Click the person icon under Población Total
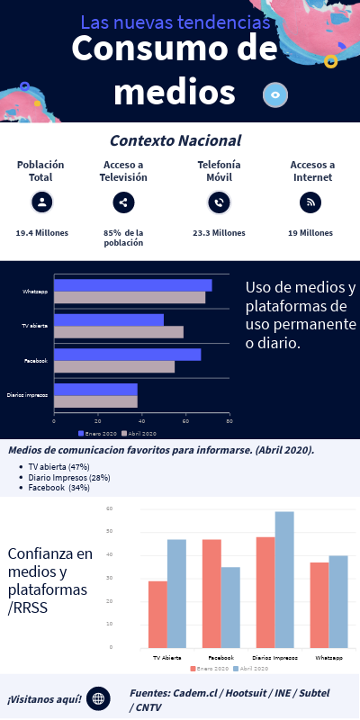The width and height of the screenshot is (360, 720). [40, 202]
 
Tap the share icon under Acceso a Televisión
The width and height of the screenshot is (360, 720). [123, 202]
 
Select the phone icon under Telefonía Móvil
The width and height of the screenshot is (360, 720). [218, 202]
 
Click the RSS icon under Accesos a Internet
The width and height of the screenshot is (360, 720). [310, 202]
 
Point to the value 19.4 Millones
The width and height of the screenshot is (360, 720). [41, 232]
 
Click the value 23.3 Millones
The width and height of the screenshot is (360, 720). [219, 232]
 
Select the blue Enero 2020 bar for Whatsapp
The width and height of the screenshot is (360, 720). [132, 285]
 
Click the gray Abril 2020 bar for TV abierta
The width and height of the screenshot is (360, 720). [118, 332]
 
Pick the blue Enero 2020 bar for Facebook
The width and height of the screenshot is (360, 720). [127, 354]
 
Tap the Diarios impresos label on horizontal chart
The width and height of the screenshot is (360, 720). [27, 394]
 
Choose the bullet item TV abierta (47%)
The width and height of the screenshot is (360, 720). [58, 466]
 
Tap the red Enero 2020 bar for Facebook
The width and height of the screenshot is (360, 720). [211, 593]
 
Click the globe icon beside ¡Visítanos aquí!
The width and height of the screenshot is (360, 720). [98, 698]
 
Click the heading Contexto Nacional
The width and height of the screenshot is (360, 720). [175, 140]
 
